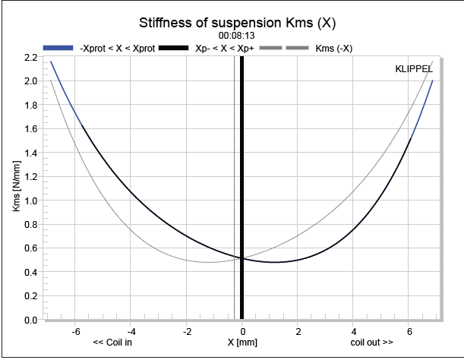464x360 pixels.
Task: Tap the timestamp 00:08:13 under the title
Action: pyautogui.click(x=236, y=36)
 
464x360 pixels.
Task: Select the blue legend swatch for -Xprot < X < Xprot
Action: pyautogui.click(x=58, y=48)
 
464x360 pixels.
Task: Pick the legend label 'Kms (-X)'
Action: pyautogui.click(x=332, y=48)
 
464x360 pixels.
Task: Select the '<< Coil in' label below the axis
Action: pyautogui.click(x=117, y=343)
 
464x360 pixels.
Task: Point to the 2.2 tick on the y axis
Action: pyautogui.click(x=31, y=57)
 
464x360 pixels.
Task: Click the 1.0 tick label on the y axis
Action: pyautogui.click(x=31, y=201)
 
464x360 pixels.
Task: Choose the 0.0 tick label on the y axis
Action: pyautogui.click(x=31, y=320)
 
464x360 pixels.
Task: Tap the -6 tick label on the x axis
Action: pyautogui.click(x=75, y=331)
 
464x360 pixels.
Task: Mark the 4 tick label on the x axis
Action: pyautogui.click(x=354, y=331)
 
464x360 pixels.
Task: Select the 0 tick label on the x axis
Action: pyautogui.click(x=242, y=331)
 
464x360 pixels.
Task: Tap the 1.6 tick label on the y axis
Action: pyautogui.click(x=31, y=128)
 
